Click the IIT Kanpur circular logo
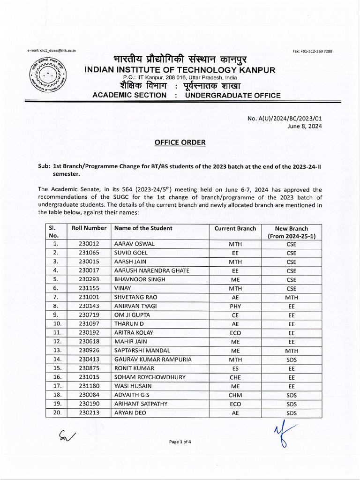(x=48, y=75)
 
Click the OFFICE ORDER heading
(x=180, y=142)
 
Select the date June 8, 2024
(x=305, y=126)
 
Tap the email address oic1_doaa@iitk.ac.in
(x=52, y=50)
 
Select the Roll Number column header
(x=89, y=228)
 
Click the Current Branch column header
(x=235, y=228)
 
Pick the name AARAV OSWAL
(x=135, y=244)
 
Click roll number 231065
(x=89, y=253)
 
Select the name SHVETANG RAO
(x=136, y=297)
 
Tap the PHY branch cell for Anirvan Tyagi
(x=235, y=306)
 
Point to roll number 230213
(x=89, y=412)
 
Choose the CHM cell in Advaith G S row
(x=235, y=395)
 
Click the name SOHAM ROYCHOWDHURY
(x=150, y=377)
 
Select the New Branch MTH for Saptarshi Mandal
(x=292, y=351)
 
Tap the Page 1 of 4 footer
(x=180, y=442)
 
